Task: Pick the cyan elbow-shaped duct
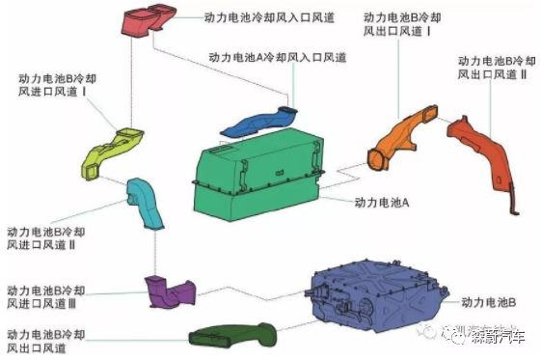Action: pos(144,203)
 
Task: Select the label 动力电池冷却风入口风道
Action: pos(269,16)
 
